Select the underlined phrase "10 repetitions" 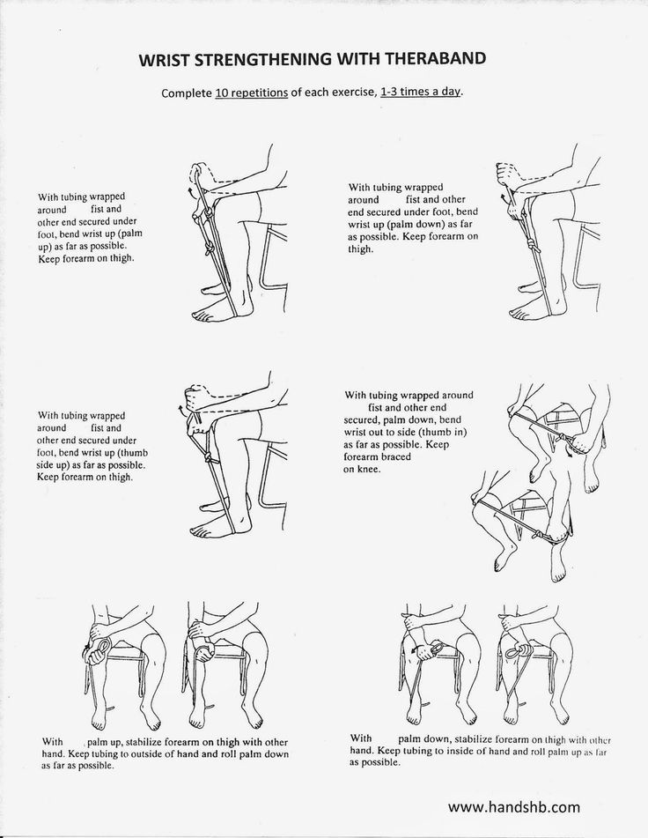point(252,93)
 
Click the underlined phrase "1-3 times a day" point(420,92)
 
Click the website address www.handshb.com point(513,806)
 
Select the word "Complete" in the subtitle point(187,93)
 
